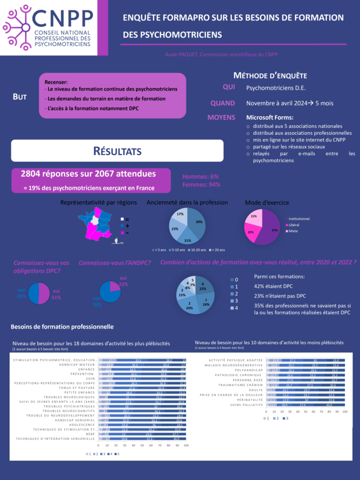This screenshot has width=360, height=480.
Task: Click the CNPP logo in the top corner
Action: click(49, 28)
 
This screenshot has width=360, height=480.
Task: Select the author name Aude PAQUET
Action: click(181, 54)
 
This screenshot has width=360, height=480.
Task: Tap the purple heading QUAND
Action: click(223, 103)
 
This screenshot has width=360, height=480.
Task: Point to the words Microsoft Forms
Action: click(270, 117)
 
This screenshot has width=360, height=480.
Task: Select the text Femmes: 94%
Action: click(201, 185)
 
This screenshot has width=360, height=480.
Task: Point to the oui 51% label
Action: click(56, 294)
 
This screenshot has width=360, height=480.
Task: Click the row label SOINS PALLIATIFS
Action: click(247, 405)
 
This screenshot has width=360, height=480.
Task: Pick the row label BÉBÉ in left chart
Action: click(90, 435)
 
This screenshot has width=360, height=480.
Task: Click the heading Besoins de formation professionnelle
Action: click(62, 326)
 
